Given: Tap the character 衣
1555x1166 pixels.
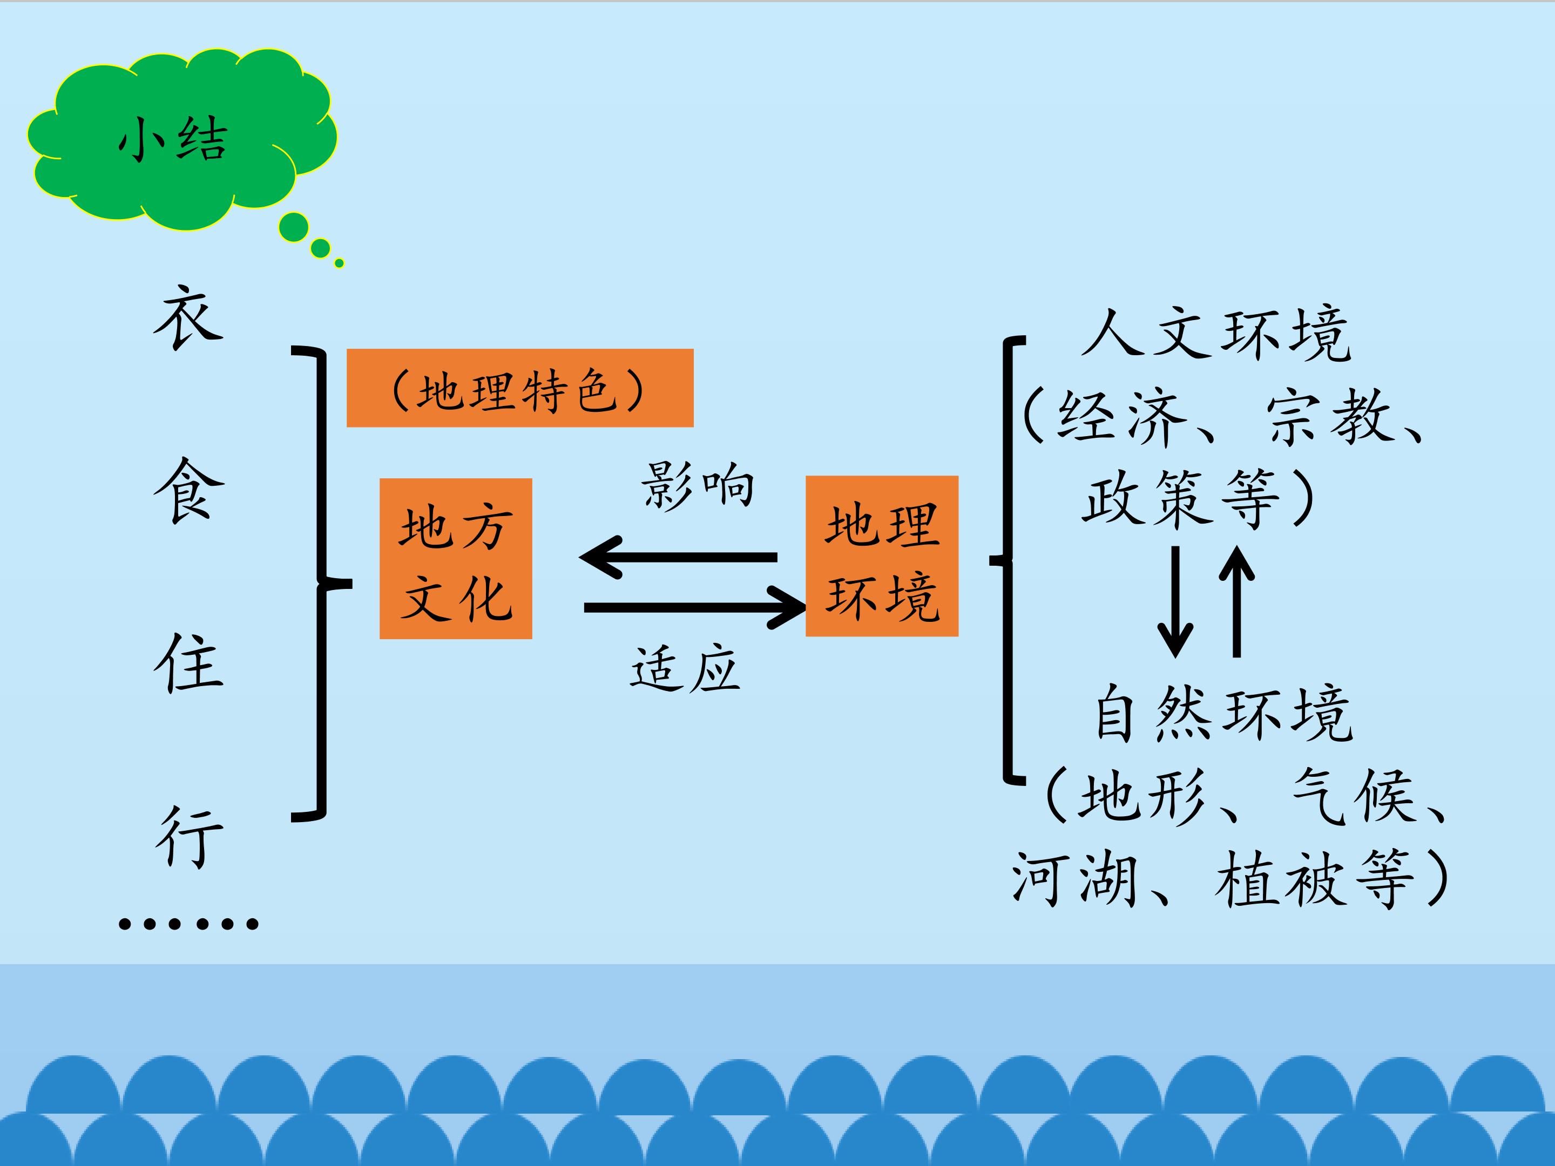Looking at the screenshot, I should click(188, 317).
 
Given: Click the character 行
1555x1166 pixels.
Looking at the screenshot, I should click(188, 836).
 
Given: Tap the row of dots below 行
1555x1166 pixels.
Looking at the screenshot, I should click(188, 923).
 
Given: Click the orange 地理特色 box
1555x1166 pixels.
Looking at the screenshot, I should click(519, 388).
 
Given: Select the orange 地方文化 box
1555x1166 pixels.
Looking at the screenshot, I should click(456, 559).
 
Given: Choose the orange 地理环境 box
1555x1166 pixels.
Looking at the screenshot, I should click(882, 556).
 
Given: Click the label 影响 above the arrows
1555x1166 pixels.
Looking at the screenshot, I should click(698, 485).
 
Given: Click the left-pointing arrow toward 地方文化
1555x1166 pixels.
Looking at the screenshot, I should click(678, 557).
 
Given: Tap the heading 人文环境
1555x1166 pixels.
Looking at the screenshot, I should click(1216, 335).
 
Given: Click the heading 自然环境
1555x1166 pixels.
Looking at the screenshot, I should click(1223, 714).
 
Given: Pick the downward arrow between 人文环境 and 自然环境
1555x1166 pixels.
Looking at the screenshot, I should click(1175, 601).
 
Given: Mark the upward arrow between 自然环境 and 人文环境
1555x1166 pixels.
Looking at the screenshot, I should click(1236, 601).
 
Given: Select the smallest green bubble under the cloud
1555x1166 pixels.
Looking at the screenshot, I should click(340, 263).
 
